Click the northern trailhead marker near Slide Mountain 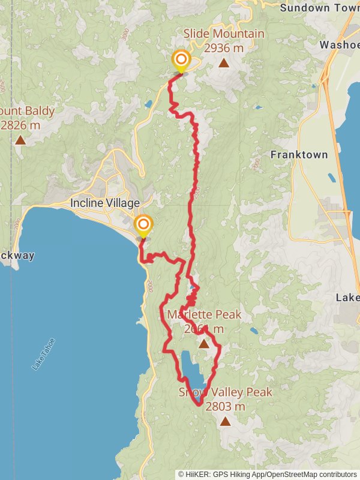point(181,61)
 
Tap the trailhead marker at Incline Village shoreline point(143,226)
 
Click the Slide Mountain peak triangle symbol point(223,63)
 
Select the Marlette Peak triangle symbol point(203,344)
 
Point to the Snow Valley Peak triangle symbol point(225,421)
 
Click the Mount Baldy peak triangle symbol point(20,140)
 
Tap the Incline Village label point(105,203)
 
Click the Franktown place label point(299,154)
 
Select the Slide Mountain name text point(223,34)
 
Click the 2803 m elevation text point(225,406)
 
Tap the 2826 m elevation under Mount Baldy point(20,125)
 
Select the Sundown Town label point(319,8)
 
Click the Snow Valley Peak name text point(225,392)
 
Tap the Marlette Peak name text point(204,314)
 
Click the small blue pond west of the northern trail point(148,104)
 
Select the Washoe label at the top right point(340,44)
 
